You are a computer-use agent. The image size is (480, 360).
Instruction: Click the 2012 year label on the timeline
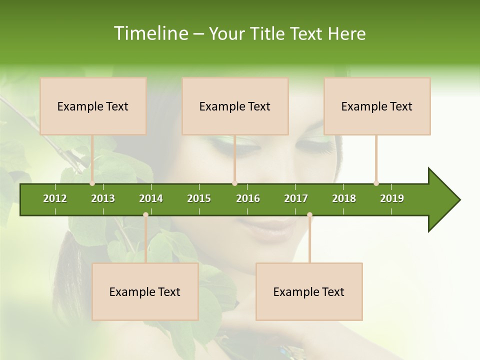[x=55, y=198]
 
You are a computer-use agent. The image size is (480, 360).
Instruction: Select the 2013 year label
[x=103, y=198]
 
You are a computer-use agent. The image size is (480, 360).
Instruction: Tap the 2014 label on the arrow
[x=151, y=198]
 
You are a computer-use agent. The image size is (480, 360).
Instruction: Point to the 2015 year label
[x=199, y=198]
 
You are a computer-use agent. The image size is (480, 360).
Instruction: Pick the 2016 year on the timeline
[x=248, y=198]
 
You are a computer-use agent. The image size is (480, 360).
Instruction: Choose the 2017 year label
[x=296, y=198]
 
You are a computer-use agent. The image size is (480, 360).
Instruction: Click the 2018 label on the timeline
[x=344, y=198]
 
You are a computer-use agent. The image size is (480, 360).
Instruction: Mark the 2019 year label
[x=392, y=198]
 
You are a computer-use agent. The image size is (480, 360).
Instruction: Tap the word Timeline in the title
[x=149, y=33]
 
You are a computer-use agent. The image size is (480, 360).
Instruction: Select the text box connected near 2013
[x=93, y=106]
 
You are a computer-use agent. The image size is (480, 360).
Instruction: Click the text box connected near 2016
[x=235, y=106]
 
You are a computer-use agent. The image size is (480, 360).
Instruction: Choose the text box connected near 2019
[x=377, y=106]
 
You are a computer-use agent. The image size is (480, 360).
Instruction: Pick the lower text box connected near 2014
[x=145, y=291]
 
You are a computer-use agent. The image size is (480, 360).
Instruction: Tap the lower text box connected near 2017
[x=309, y=291]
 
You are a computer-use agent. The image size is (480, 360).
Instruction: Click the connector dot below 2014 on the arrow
[x=145, y=215]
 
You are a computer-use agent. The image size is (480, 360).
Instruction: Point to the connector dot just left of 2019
[x=376, y=183]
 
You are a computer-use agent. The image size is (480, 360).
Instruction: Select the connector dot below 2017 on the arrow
[x=309, y=215]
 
